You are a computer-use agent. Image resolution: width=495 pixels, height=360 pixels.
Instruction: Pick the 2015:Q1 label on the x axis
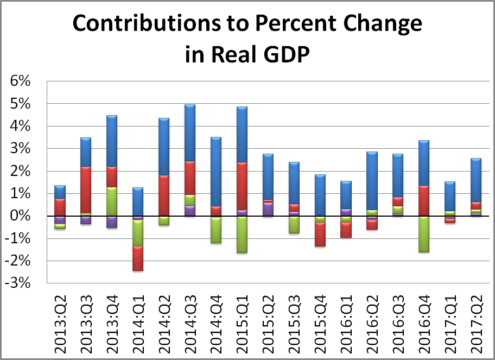[242, 320]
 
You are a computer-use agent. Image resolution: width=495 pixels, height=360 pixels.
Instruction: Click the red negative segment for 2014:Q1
[137, 258]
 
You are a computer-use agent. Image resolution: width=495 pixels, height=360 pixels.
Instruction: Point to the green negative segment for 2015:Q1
[242, 235]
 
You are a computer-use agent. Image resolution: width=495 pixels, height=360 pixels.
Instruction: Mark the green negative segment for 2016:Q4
[423, 234]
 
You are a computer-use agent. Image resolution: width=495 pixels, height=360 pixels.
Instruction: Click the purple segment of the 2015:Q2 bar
[268, 210]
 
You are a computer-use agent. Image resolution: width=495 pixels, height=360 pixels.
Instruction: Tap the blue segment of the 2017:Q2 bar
[475, 180]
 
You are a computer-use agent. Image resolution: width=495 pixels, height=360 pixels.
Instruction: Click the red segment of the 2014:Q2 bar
[163, 195]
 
